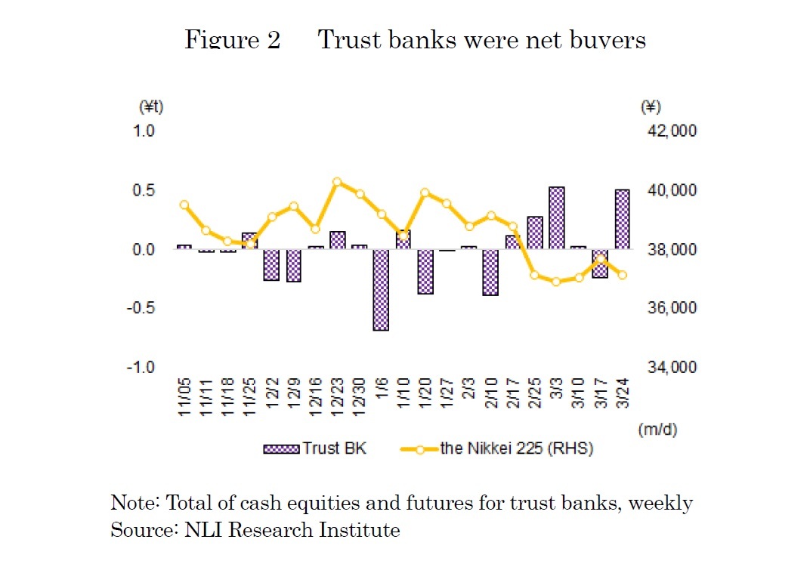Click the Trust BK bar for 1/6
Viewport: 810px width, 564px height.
click(x=380, y=290)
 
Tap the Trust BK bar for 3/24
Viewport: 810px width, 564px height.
click(x=623, y=219)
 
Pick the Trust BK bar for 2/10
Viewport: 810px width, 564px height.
click(x=490, y=272)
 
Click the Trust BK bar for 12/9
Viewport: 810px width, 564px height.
click(x=293, y=265)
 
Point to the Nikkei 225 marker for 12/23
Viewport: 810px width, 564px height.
click(x=337, y=182)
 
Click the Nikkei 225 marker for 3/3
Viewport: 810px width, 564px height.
click(x=557, y=282)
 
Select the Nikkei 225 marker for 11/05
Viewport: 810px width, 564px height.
click(x=184, y=205)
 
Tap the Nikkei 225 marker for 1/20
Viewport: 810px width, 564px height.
click(x=425, y=193)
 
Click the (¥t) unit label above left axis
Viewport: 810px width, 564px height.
click(x=151, y=107)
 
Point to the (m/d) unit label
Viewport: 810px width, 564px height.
click(x=657, y=430)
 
